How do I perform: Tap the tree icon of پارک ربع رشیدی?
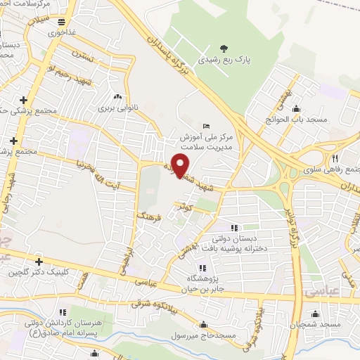[x=224, y=49]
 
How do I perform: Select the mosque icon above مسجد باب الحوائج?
[x=296, y=108]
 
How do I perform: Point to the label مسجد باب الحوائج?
[x=297, y=120]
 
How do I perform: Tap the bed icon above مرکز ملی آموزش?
[x=205, y=126]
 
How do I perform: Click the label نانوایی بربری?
[x=115, y=109]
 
